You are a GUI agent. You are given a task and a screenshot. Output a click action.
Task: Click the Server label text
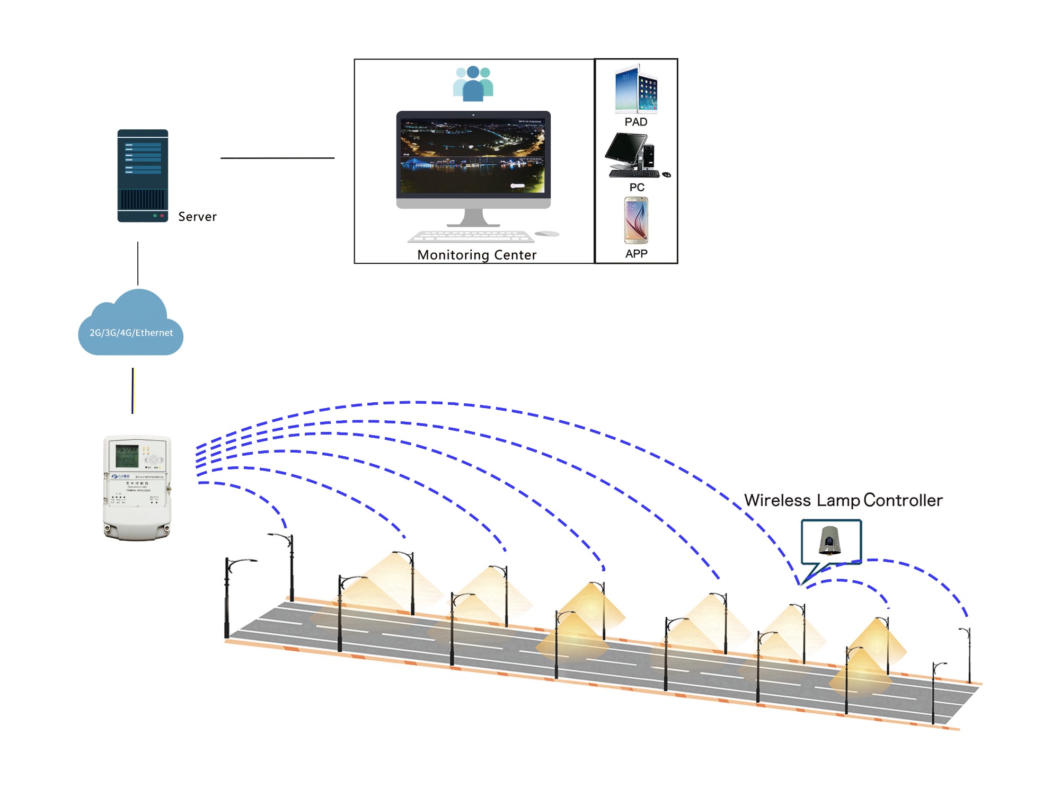pos(197,217)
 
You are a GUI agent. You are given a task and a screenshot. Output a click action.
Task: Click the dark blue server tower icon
pos(143,175)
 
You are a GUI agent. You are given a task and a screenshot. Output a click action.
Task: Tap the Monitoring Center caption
pos(476,255)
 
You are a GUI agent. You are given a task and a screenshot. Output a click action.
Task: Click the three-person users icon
pos(473,84)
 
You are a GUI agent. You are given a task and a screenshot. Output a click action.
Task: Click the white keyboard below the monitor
pos(471,236)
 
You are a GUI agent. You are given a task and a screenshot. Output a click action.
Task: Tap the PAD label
pos(635,122)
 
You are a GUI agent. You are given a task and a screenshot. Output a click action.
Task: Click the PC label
pos(637,187)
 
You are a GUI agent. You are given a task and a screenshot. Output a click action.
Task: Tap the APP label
pos(636,254)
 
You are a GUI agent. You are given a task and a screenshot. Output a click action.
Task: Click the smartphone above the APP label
pos(636,220)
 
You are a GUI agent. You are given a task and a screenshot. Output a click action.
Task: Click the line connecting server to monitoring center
pos(277,158)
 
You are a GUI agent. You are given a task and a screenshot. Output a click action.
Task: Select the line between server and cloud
pos(138,263)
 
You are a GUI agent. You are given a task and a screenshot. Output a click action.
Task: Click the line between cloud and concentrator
pos(132,391)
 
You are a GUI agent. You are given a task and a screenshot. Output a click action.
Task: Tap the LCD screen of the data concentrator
pos(127,456)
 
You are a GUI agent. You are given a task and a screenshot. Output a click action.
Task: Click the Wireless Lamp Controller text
pos(843,500)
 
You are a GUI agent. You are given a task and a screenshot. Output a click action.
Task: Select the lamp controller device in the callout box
pos(829,539)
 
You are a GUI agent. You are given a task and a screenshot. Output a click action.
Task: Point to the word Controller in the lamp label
pos(903,500)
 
